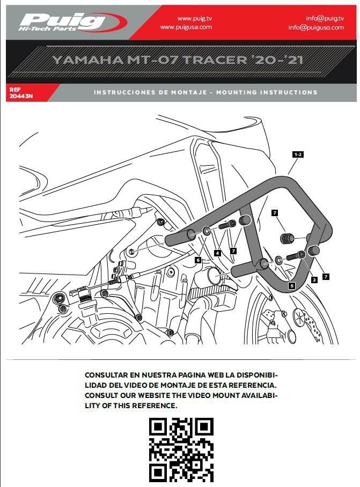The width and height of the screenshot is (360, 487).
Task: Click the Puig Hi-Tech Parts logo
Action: click(x=73, y=22)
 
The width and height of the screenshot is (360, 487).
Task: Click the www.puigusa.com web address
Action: click(x=186, y=27)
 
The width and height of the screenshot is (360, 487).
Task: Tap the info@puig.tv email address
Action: click(x=325, y=18)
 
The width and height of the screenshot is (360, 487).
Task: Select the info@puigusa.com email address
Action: click(x=316, y=27)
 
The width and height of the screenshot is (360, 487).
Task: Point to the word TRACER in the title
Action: click(x=216, y=60)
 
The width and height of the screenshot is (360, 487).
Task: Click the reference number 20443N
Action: click(x=21, y=97)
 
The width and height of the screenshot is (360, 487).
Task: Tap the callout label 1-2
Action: click(x=298, y=154)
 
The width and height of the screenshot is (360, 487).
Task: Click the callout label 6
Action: click(x=198, y=260)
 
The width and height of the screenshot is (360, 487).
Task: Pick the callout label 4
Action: click(x=218, y=253)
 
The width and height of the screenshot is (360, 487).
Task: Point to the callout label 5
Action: click(x=292, y=285)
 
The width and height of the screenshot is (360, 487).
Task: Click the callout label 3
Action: click(x=314, y=280)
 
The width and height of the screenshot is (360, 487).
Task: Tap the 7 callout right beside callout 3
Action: click(x=326, y=276)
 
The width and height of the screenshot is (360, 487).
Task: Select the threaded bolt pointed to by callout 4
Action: click(x=227, y=225)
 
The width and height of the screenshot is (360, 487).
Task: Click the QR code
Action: click(x=181, y=450)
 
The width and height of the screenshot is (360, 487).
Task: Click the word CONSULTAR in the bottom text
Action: click(x=106, y=375)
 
